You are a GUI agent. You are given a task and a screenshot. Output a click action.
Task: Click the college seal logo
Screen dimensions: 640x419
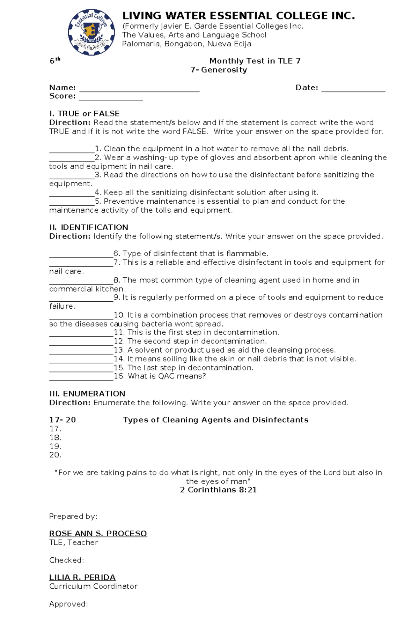tap(91, 32)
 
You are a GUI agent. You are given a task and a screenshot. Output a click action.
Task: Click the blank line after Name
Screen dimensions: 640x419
tap(139, 90)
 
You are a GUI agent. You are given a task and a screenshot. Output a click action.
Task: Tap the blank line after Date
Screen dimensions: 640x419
tap(353, 90)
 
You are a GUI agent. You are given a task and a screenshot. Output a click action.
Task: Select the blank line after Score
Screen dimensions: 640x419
tap(111, 99)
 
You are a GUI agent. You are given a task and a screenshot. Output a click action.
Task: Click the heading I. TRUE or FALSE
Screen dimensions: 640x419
tap(84, 114)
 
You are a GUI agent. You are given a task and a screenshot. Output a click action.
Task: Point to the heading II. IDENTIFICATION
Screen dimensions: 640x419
tap(89, 227)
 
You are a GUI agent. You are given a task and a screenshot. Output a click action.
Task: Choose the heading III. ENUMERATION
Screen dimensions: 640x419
tap(87, 394)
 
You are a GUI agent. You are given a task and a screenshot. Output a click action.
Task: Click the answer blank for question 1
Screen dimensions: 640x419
tap(72, 151)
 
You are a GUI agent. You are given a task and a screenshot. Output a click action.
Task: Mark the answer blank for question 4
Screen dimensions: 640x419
tap(72, 195)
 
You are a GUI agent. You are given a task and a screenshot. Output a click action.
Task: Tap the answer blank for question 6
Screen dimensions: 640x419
tap(81, 256)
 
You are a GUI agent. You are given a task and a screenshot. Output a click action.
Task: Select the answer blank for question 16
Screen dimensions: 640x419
tap(81, 379)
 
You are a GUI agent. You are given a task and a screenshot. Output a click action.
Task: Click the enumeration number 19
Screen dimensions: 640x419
tap(55, 446)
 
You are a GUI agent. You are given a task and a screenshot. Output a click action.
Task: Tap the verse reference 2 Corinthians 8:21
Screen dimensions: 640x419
tap(218, 490)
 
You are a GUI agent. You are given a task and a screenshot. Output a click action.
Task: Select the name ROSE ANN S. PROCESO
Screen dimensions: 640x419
tap(98, 534)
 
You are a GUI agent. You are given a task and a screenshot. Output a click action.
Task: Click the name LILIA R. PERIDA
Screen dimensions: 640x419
tap(82, 577)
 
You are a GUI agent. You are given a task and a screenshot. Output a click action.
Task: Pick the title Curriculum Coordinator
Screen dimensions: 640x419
tap(93, 586)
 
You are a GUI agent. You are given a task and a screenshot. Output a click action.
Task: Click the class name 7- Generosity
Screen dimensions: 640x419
tap(219, 70)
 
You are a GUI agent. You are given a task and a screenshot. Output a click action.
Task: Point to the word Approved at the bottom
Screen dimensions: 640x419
tap(68, 604)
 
